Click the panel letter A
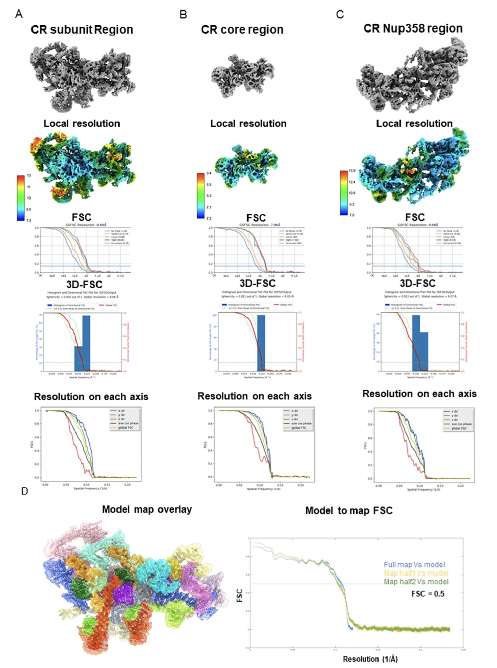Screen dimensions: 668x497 19,14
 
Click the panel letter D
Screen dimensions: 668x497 24,491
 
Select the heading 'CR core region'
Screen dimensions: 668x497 242,29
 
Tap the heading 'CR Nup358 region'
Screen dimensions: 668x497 413,28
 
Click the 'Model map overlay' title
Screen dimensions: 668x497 147,509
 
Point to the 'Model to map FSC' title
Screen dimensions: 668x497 349,510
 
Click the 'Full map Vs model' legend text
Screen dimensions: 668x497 414,565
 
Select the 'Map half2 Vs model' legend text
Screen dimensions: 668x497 416,582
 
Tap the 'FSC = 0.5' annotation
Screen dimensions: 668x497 428,593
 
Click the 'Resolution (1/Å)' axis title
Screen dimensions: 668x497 370,659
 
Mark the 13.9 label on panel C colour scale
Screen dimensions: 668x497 352,171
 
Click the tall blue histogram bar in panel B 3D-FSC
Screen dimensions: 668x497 261,343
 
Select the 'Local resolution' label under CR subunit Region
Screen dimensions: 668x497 82,123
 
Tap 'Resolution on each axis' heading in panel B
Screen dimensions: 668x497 255,396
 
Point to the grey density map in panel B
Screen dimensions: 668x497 242,75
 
